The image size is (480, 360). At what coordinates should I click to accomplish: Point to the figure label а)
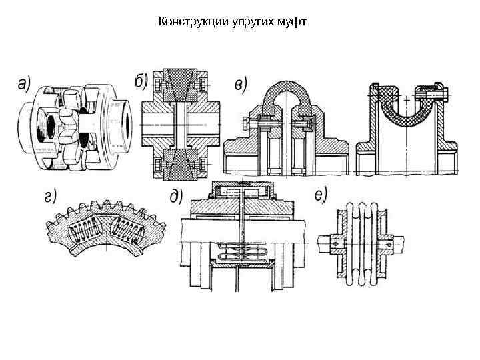[24, 84]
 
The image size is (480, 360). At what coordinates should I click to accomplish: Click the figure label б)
[141, 81]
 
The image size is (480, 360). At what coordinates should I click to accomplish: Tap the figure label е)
[321, 196]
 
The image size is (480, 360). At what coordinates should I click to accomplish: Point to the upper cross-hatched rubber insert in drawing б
[179, 85]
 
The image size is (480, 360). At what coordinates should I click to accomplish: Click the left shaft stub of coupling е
[326, 244]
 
